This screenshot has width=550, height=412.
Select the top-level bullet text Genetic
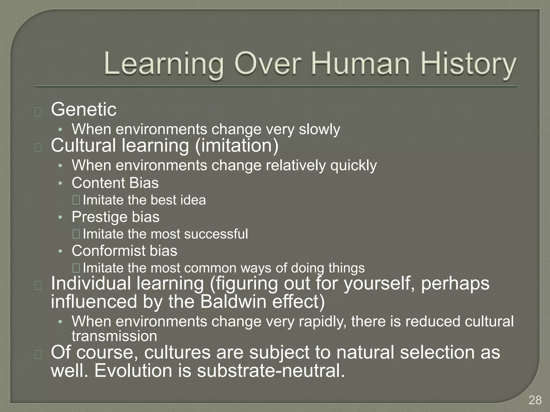[84, 109]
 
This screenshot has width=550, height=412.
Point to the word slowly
[319, 130]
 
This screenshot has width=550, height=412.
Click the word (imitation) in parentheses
[237, 146]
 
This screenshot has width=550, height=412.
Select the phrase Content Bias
[115, 183]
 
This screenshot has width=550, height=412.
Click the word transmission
[114, 336]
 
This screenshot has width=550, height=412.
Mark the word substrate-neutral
[271, 370]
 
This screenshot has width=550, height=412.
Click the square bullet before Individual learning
[38, 286]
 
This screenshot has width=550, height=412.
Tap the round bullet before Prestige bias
[60, 217]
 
